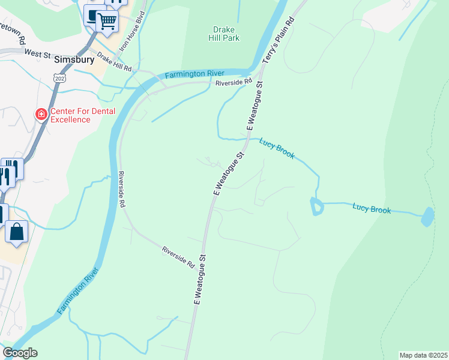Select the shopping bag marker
[x=17, y=231]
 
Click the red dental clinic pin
[x=41, y=114]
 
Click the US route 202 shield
[x=59, y=79]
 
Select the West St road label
[x=37, y=53]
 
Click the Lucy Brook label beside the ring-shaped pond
[x=372, y=209]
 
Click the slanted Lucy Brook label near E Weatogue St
[x=277, y=149]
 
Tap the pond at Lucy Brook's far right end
[x=427, y=216]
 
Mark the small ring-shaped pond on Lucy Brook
[x=316, y=206]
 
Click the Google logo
[x=20, y=353]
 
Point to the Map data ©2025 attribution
[x=423, y=355]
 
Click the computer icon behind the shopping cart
[x=93, y=14]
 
